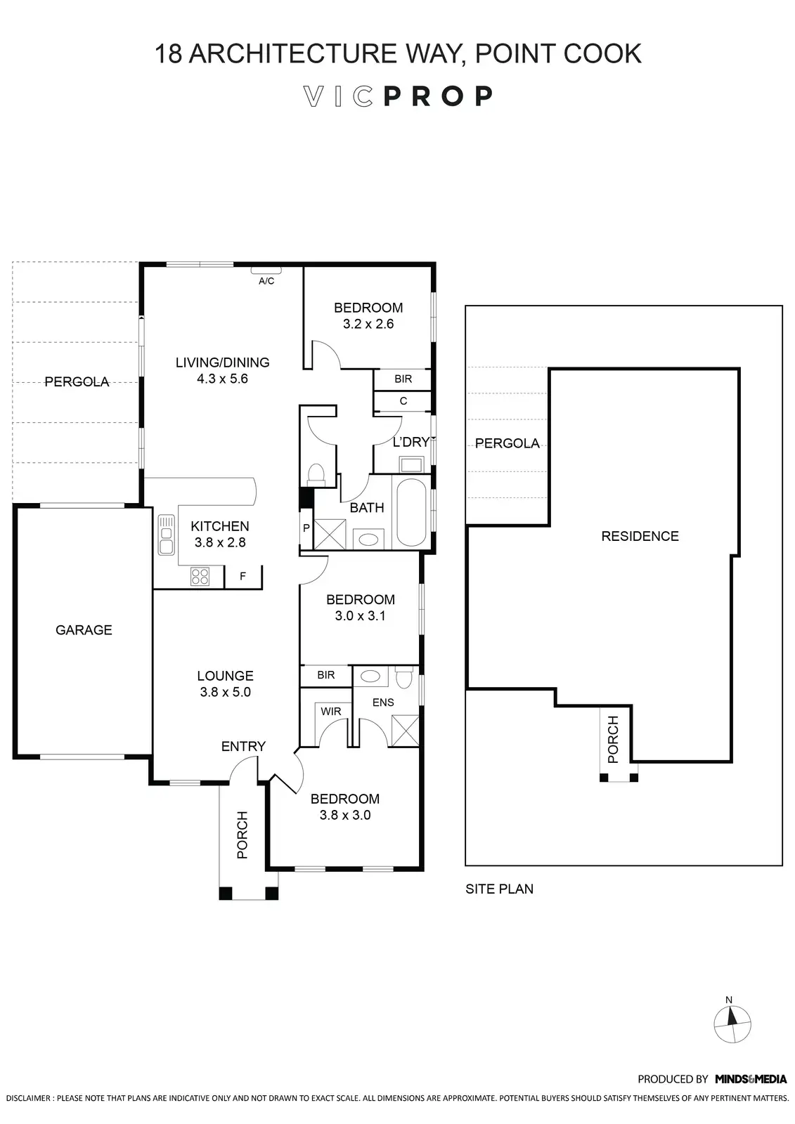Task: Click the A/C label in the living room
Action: [x=266, y=281]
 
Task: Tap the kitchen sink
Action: [x=166, y=535]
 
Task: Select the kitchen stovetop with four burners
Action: [x=200, y=576]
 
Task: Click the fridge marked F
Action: [x=243, y=576]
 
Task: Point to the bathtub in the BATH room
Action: [x=411, y=511]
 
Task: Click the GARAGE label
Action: [x=84, y=630]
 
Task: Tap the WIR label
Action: [x=330, y=712]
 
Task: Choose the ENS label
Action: [x=383, y=702]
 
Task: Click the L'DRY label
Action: [x=411, y=442]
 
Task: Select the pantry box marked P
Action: [x=306, y=528]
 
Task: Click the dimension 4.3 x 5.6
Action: [x=222, y=379]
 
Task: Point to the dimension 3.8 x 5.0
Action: [x=225, y=692]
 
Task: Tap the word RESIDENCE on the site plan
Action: [x=640, y=536]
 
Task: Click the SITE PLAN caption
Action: [x=499, y=889]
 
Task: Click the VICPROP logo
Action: [x=398, y=96]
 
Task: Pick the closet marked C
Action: [x=403, y=401]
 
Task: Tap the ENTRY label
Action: [x=243, y=746]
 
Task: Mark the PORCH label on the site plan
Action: [x=613, y=739]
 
